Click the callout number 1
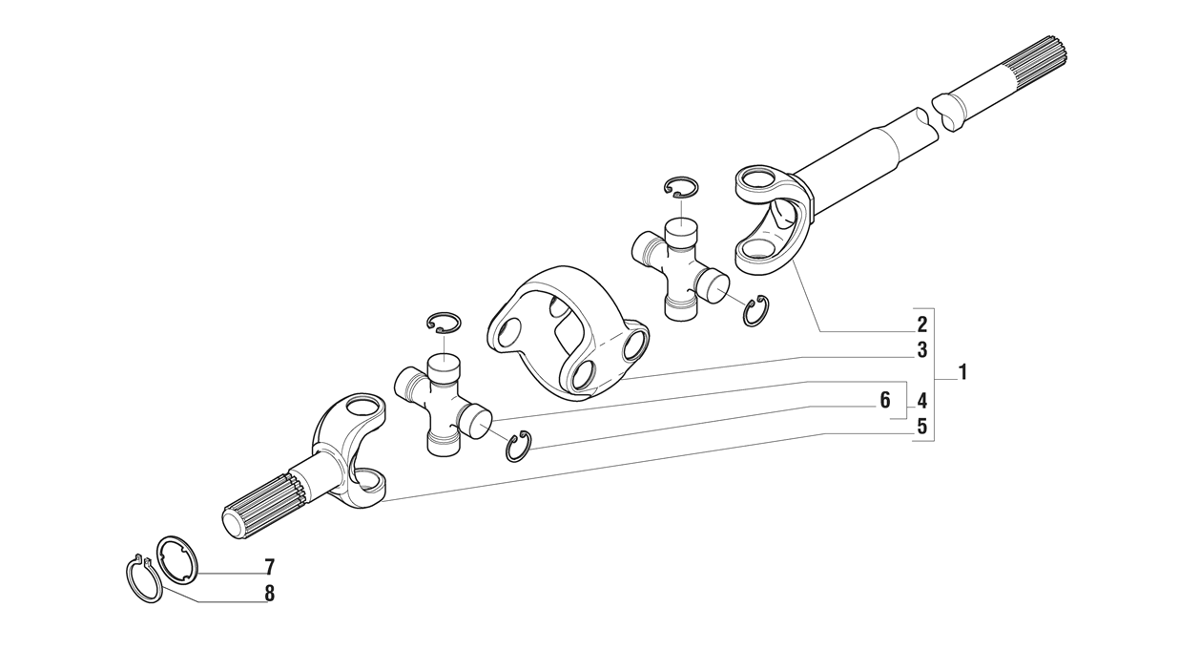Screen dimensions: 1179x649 tap(962, 372)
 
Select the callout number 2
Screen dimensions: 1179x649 tap(921, 324)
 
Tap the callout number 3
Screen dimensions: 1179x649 tap(921, 349)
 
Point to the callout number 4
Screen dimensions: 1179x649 tap(921, 401)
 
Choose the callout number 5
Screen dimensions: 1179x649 tap(921, 427)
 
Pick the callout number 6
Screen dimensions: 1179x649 tap(885, 400)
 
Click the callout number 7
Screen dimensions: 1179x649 tap(269, 567)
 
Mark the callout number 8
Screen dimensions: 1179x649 tap(269, 594)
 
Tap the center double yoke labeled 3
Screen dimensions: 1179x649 tap(569, 333)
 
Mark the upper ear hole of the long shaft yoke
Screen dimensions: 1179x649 tap(758, 178)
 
